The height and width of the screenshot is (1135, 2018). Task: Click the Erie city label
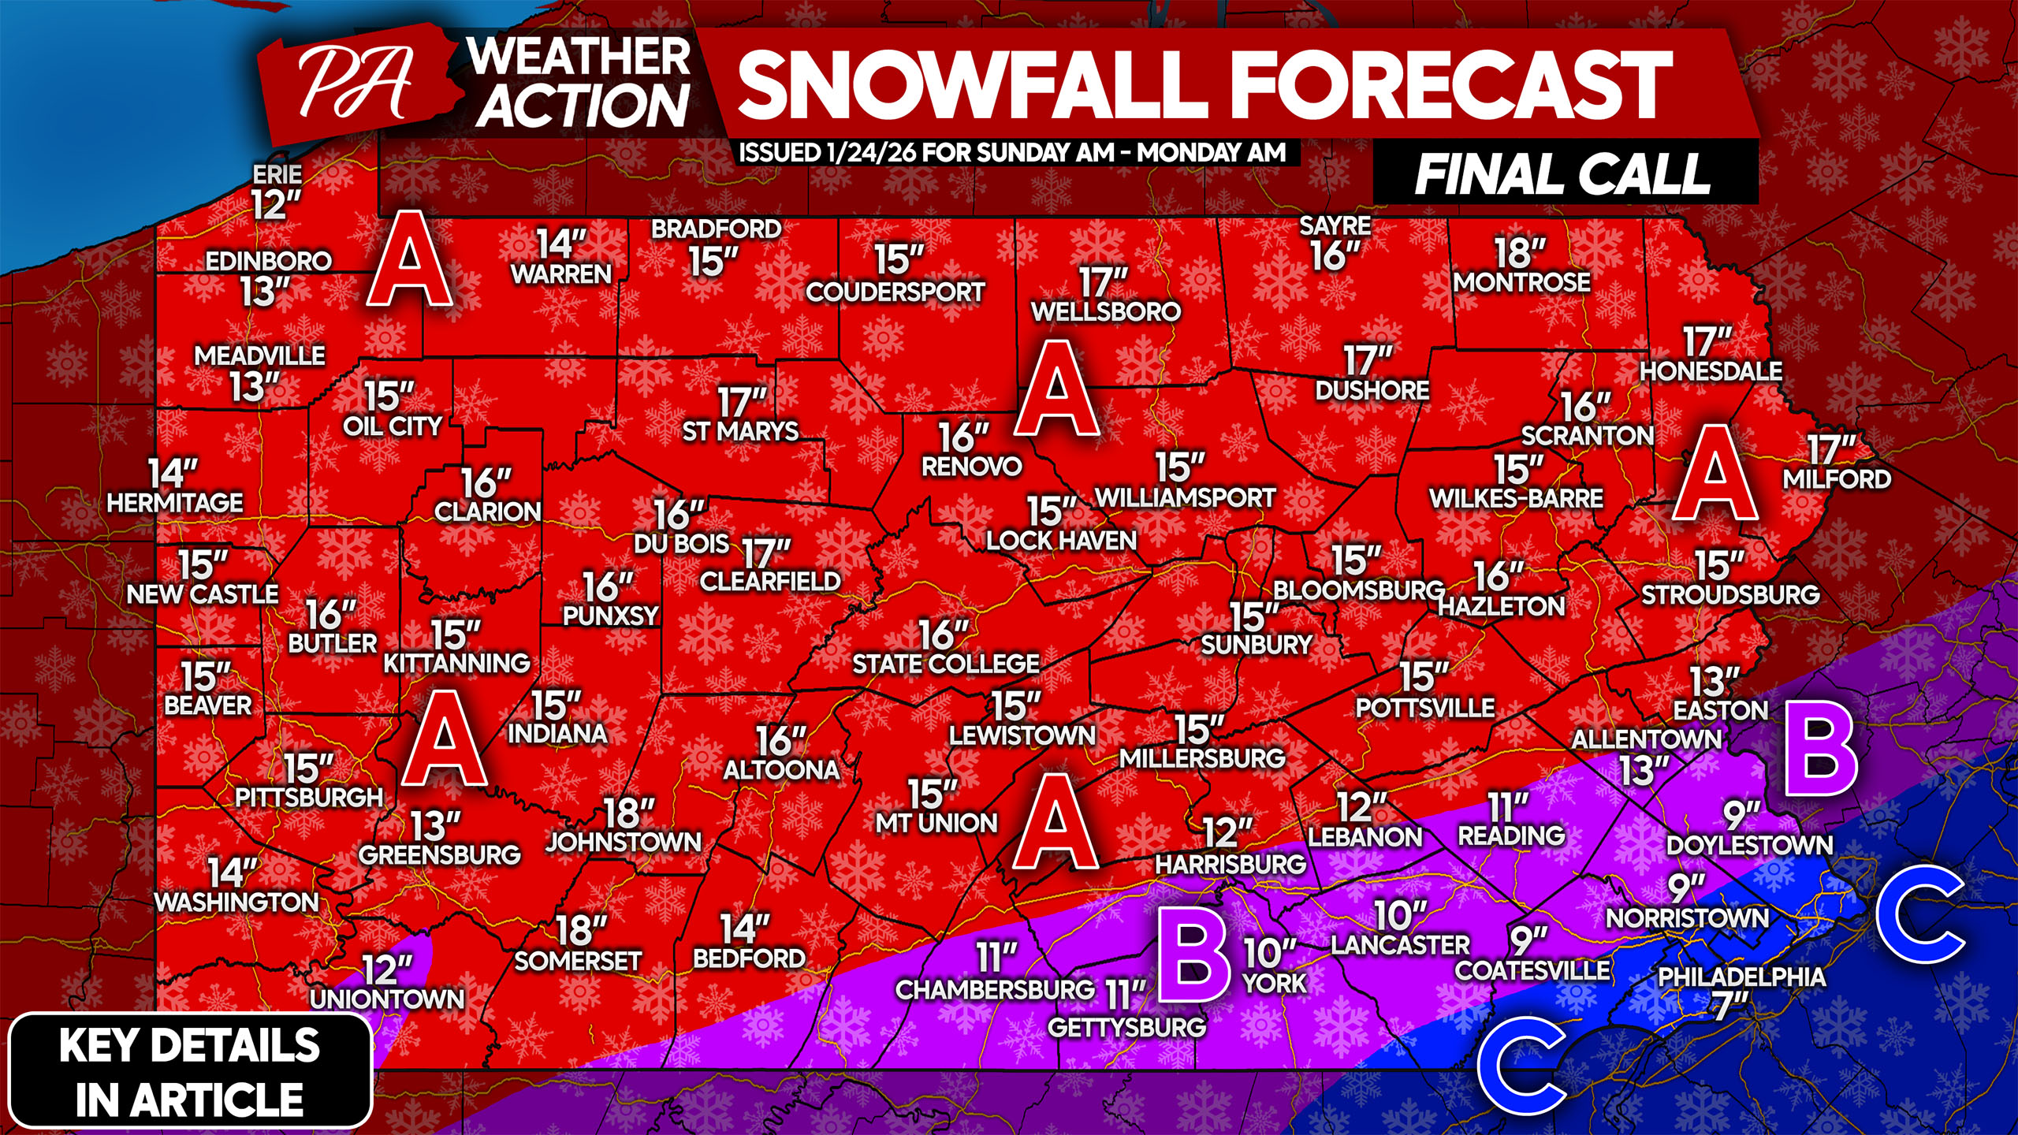coord(277,174)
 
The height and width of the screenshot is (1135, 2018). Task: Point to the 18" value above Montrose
coord(1520,254)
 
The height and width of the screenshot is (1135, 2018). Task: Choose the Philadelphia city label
coord(1741,977)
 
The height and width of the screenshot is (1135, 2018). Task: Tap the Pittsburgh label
coord(309,798)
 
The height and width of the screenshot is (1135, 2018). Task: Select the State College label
coord(946,664)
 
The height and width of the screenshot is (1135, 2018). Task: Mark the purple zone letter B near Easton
coord(1821,756)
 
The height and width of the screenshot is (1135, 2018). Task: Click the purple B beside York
coord(1194,959)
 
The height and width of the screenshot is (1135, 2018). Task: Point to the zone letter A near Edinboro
coord(410,260)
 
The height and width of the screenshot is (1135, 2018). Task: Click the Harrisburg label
coord(1231,865)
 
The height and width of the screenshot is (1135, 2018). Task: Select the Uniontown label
coord(387,999)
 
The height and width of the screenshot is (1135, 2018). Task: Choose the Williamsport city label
coord(1186,498)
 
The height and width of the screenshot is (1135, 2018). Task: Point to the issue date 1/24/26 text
coord(871,153)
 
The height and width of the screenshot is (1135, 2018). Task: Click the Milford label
coord(1837,479)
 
